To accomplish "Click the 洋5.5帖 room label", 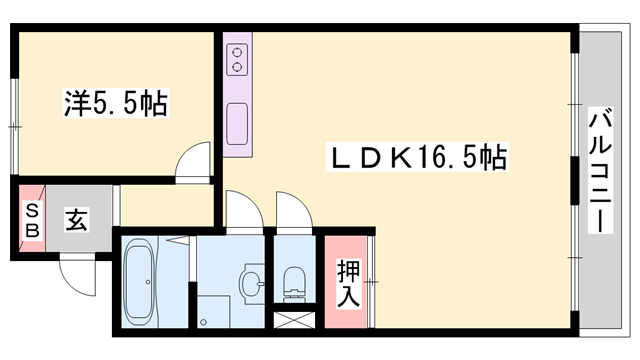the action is [x=114, y=104].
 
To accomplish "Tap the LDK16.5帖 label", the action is [x=418, y=157].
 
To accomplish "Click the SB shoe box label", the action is [x=31, y=219].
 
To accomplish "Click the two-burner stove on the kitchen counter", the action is [x=238, y=59].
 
